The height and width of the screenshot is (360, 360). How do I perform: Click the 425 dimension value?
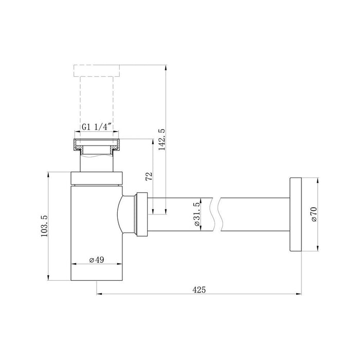pyautogui.click(x=199, y=290)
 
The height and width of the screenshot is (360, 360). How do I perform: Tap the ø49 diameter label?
pyautogui.click(x=97, y=260)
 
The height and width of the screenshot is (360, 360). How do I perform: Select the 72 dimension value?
pyautogui.click(x=149, y=177)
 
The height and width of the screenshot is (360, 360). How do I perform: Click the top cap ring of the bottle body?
pyautogui.click(x=97, y=177)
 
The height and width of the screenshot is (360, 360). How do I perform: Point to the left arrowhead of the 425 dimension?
pyautogui.click(x=99, y=295)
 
